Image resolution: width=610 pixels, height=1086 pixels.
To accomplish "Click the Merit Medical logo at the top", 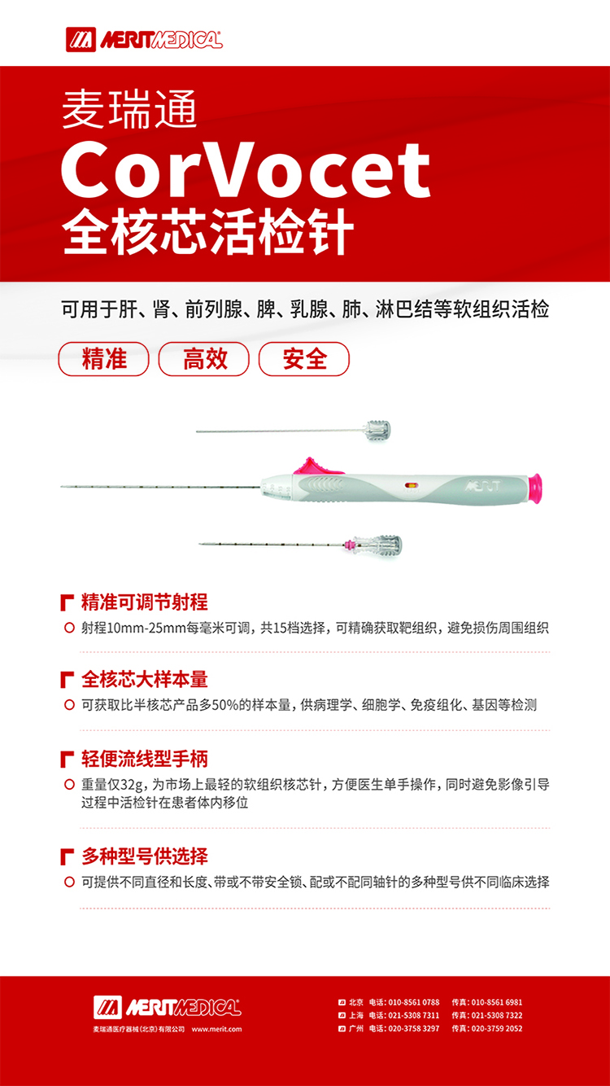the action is (x=144, y=39).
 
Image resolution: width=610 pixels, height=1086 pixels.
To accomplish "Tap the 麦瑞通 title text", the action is (x=129, y=110).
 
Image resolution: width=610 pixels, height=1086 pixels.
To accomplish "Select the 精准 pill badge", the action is (x=103, y=359).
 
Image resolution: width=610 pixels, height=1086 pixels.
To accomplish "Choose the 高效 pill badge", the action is (x=204, y=359).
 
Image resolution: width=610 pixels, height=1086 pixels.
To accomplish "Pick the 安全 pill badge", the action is (x=304, y=359).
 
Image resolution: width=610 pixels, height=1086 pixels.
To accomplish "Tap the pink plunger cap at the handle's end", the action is (x=534, y=488).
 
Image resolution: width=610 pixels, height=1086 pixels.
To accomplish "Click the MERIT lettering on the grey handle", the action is (x=482, y=485).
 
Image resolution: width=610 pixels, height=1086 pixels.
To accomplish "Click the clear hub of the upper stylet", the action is (x=377, y=430).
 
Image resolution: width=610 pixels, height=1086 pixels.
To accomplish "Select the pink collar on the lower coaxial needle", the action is (x=348, y=545).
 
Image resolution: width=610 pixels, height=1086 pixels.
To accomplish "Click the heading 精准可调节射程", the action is (x=145, y=602).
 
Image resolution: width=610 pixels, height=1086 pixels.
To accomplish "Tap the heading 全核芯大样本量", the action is (x=145, y=679).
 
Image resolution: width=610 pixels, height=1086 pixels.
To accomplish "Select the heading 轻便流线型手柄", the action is (x=145, y=759).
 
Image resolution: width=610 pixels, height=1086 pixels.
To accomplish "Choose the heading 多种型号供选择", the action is (x=145, y=856).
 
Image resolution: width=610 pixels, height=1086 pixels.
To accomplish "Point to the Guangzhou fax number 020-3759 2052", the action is (x=497, y=1028).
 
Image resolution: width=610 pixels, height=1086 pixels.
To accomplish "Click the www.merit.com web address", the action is (x=216, y=1029).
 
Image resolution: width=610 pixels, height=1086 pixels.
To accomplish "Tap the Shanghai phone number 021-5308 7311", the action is (x=414, y=1015).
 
